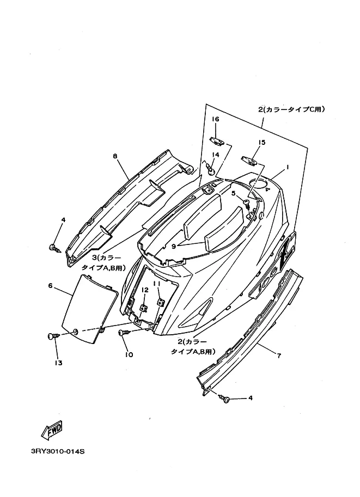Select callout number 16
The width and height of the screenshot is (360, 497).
coord(215,119)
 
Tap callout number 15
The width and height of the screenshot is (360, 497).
coord(261,143)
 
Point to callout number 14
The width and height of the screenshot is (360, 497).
coord(215,155)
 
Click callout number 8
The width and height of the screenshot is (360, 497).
coord(115,156)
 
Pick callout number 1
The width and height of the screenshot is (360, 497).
coord(288,168)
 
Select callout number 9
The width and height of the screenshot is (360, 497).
coord(174,246)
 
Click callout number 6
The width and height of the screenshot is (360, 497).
coord(50,285)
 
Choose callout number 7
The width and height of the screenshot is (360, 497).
coord(279,356)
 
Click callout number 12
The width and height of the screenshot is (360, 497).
coord(145,290)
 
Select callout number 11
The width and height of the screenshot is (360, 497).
coord(156,284)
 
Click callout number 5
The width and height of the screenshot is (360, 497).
coord(233,193)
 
